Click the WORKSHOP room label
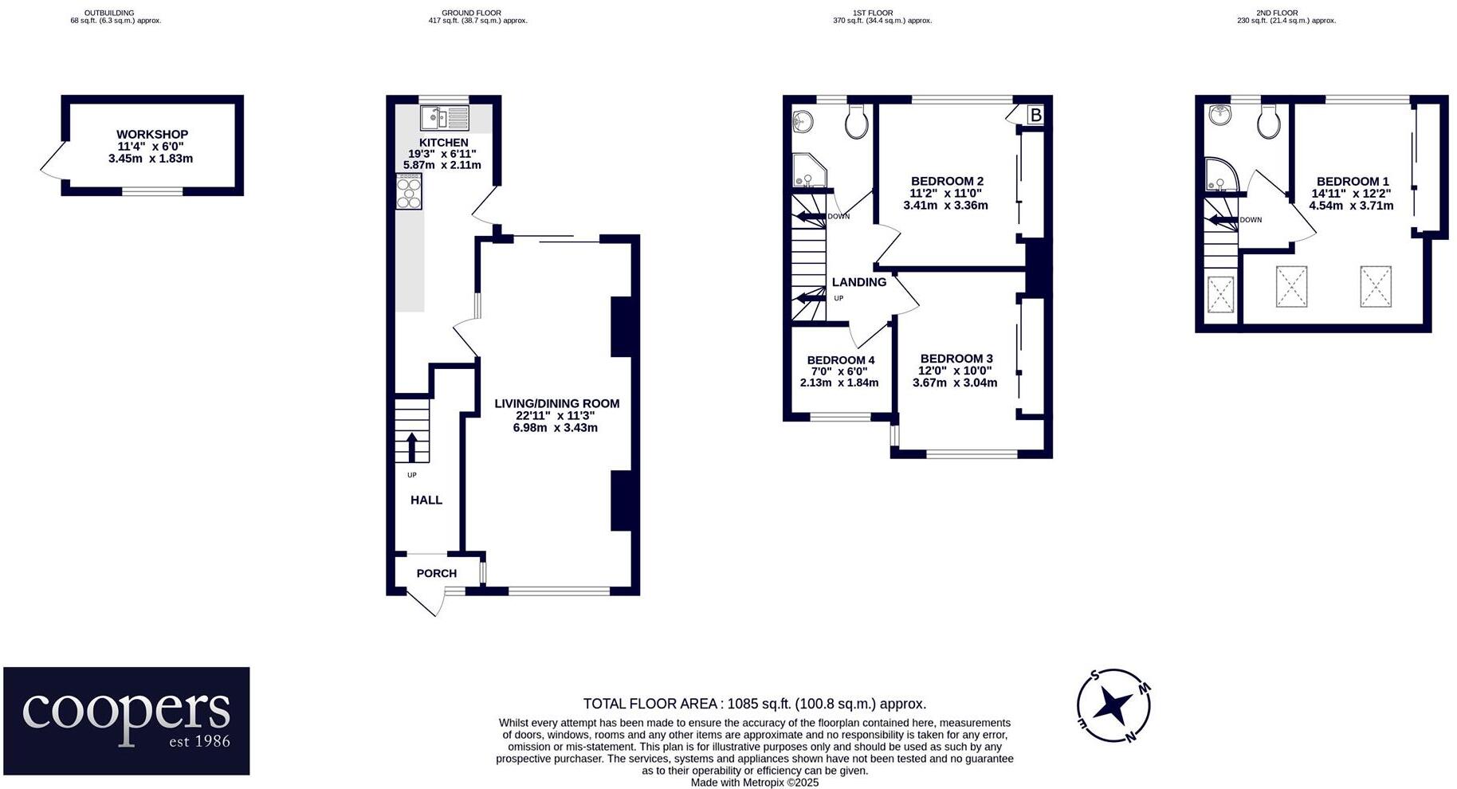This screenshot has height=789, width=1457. coord(151,135)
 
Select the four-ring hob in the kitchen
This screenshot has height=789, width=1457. coord(408,192)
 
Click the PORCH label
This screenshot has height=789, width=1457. coord(437,573)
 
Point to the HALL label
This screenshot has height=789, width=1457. coord(426,500)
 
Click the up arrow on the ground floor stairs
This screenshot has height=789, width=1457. coord(411,447)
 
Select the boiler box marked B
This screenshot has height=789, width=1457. coord(1035,116)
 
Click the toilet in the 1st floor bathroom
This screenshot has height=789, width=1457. coord(857,122)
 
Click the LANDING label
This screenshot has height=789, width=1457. coord(858,282)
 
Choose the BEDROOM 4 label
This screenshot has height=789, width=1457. coord(840,360)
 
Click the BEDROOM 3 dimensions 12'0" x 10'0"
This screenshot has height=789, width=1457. coord(955,371)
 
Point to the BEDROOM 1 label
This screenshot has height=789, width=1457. coord(1352,182)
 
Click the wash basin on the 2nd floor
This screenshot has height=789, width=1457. coord(1219,116)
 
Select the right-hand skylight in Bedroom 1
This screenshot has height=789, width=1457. coord(1376,286)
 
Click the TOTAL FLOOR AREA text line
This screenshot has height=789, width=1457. coord(754,704)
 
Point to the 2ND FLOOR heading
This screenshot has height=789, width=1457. coord(1277,13)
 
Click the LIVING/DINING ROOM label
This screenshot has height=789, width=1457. coord(556,404)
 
